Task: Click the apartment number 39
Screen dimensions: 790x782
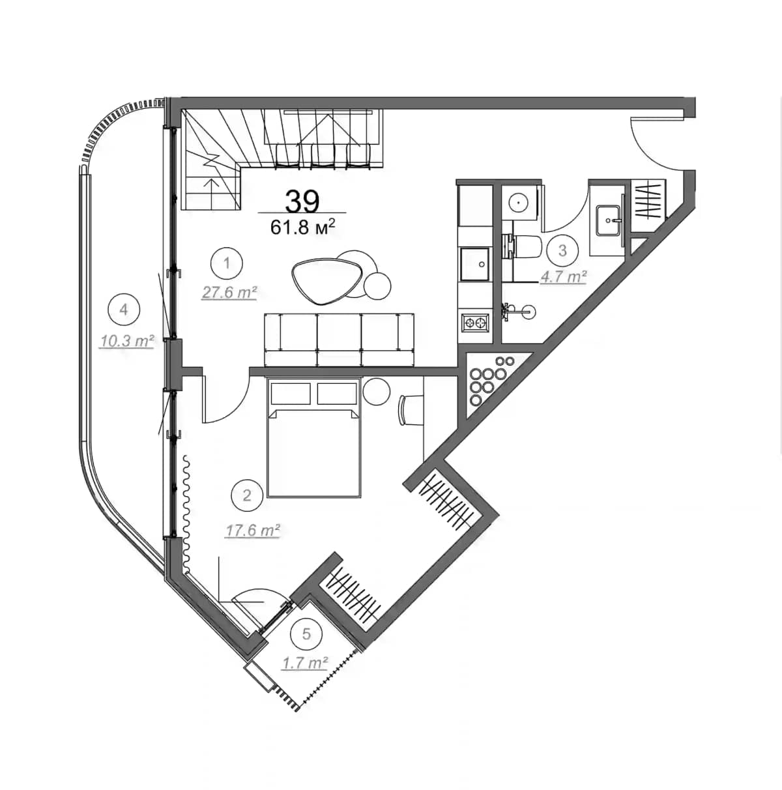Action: (x=302, y=201)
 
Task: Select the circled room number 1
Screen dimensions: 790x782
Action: (x=227, y=264)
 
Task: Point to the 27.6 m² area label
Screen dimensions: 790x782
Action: (x=228, y=293)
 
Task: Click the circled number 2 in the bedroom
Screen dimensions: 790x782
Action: (x=246, y=495)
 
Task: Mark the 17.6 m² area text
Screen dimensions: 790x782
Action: (x=252, y=531)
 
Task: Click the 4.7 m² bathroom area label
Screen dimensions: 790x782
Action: (x=563, y=277)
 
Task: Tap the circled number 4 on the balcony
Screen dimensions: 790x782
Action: (x=124, y=310)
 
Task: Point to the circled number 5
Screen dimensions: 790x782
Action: (x=306, y=633)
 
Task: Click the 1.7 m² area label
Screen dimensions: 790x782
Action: (x=304, y=663)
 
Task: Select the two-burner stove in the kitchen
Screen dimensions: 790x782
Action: (x=475, y=321)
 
